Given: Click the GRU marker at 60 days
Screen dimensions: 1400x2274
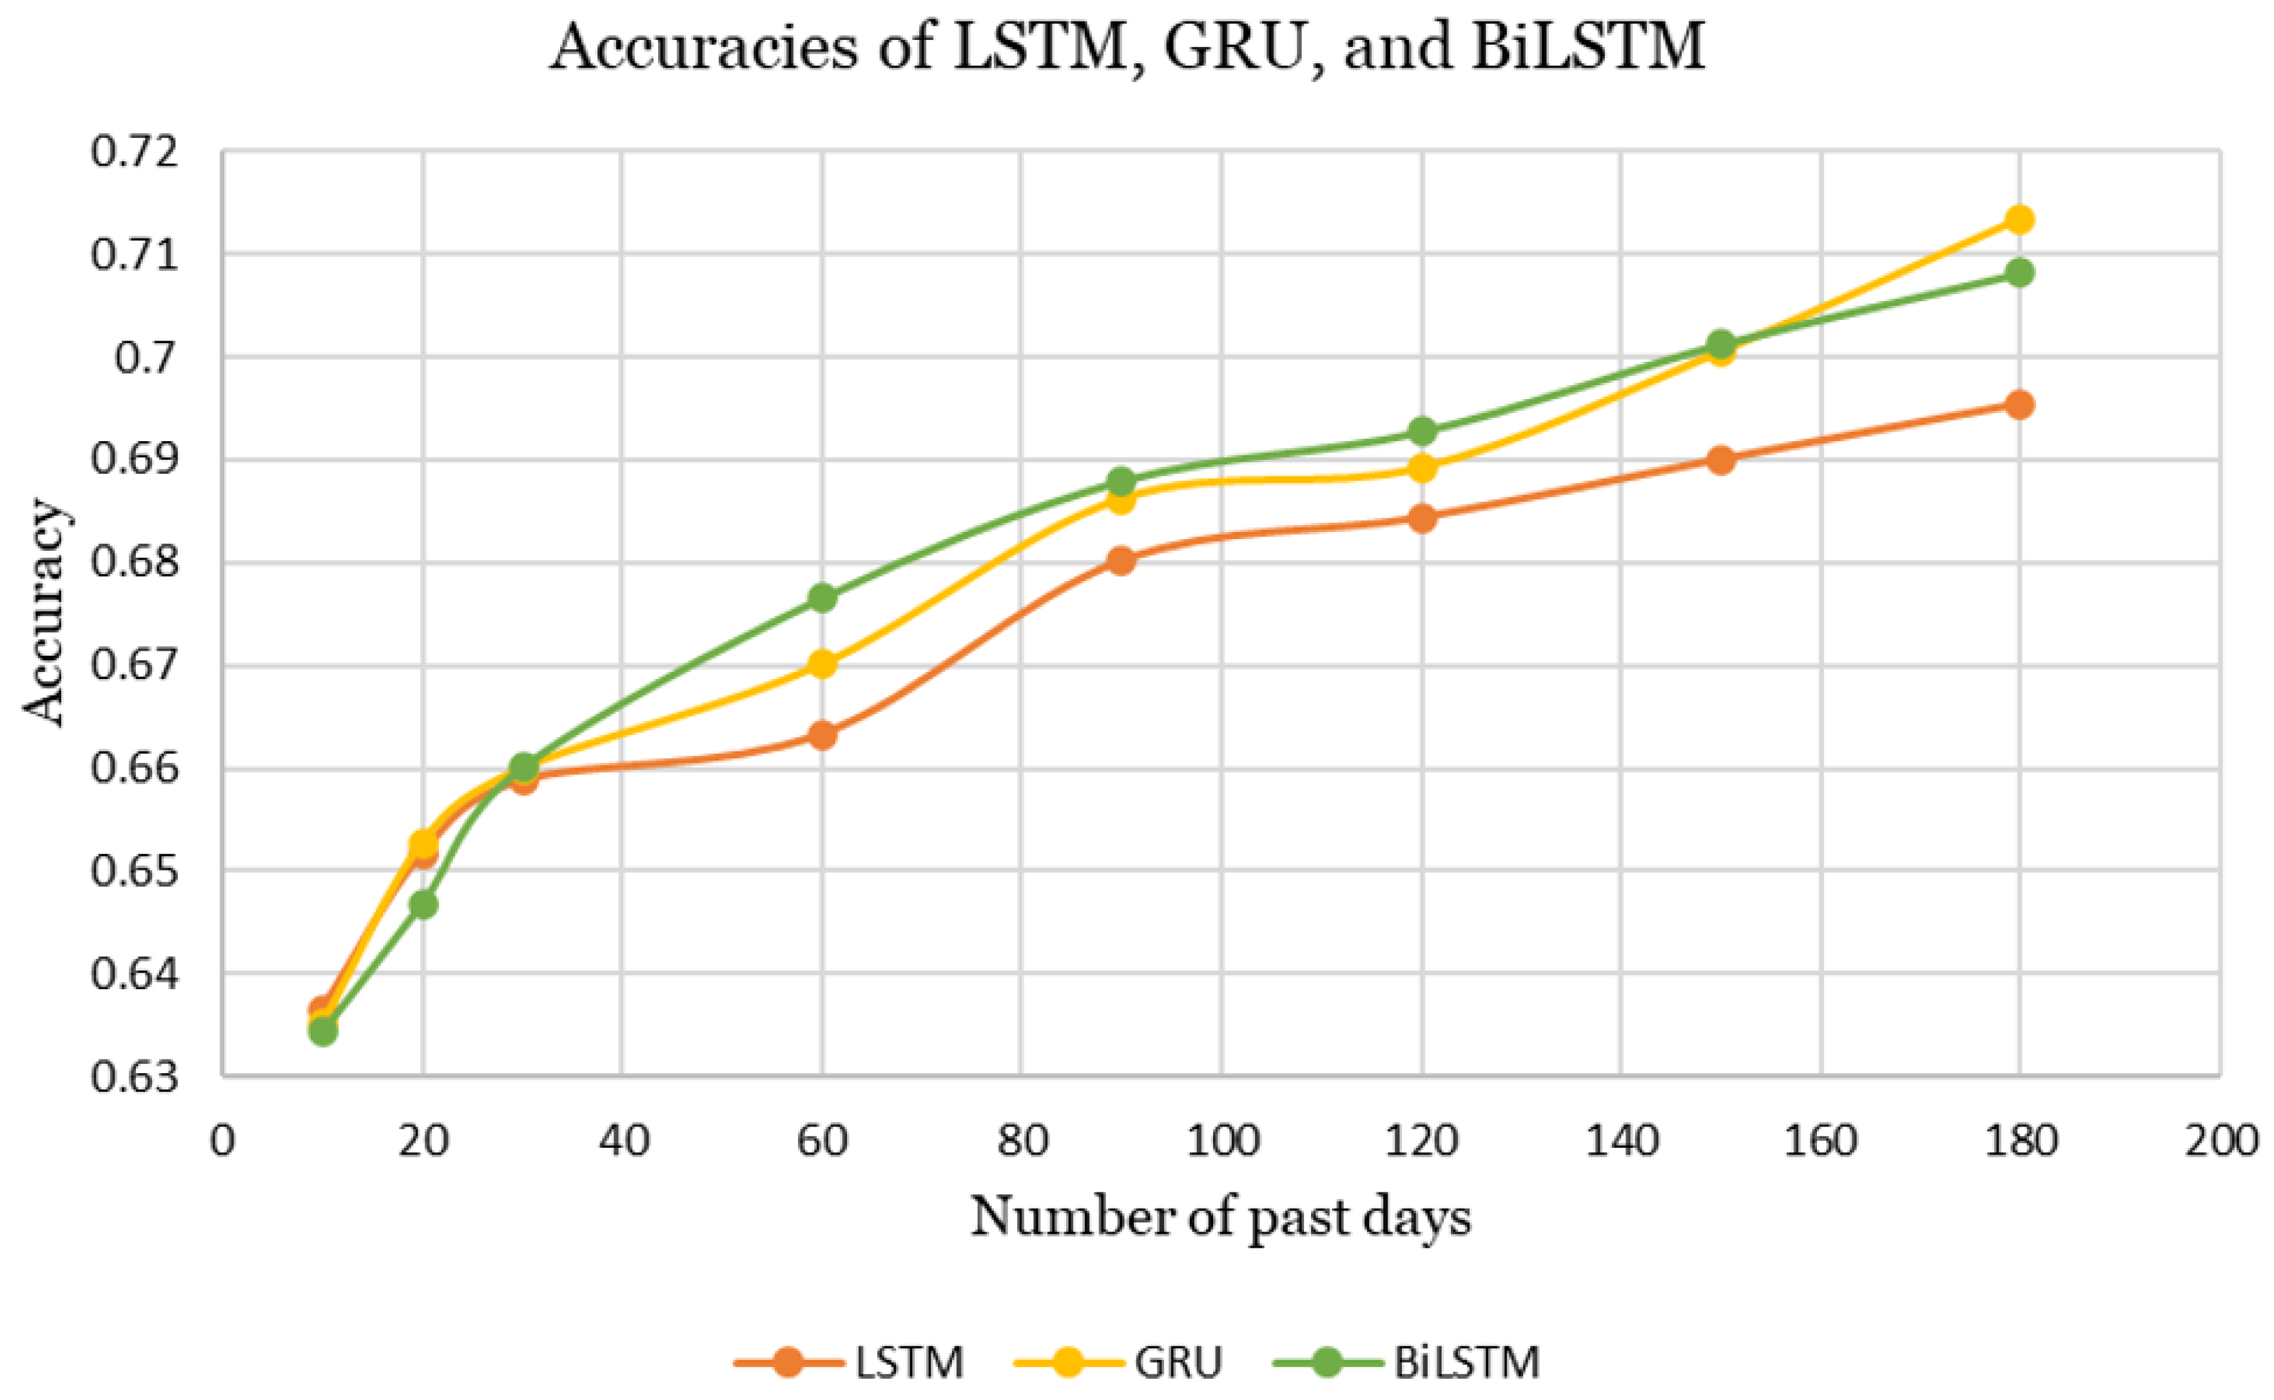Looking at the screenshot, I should pos(822,664).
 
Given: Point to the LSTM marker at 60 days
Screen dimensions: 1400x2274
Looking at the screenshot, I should pos(822,735).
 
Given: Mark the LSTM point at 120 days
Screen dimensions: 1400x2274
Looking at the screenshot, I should pos(1422,518).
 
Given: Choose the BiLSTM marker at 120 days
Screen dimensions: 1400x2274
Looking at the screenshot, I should pos(1422,431).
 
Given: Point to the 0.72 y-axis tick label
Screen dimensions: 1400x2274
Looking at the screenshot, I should pos(133,151).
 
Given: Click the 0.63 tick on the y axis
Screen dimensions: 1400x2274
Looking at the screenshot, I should pos(133,1077).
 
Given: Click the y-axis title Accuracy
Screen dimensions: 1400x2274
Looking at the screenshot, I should pos(44,612).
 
